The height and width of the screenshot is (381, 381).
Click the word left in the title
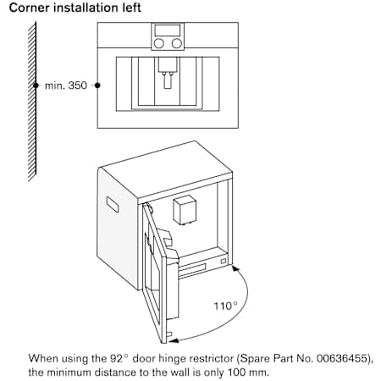coord(131,8)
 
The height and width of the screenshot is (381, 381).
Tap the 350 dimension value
coord(78,86)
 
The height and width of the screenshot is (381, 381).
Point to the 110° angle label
coord(225,306)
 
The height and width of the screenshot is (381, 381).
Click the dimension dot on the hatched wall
coord(36,86)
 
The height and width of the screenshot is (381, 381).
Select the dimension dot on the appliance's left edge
coord(97,86)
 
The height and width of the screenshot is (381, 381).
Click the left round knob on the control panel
coord(159,43)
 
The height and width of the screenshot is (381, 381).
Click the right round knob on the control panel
coord(177,43)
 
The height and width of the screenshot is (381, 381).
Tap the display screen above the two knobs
coord(168,30)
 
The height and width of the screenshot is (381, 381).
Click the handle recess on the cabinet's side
coord(113,204)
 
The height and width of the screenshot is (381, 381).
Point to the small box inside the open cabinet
coord(185,210)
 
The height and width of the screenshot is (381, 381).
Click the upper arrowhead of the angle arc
coord(236,268)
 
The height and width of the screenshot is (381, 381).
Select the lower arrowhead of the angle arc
coord(174,340)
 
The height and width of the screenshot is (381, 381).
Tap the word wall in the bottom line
coord(182,373)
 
